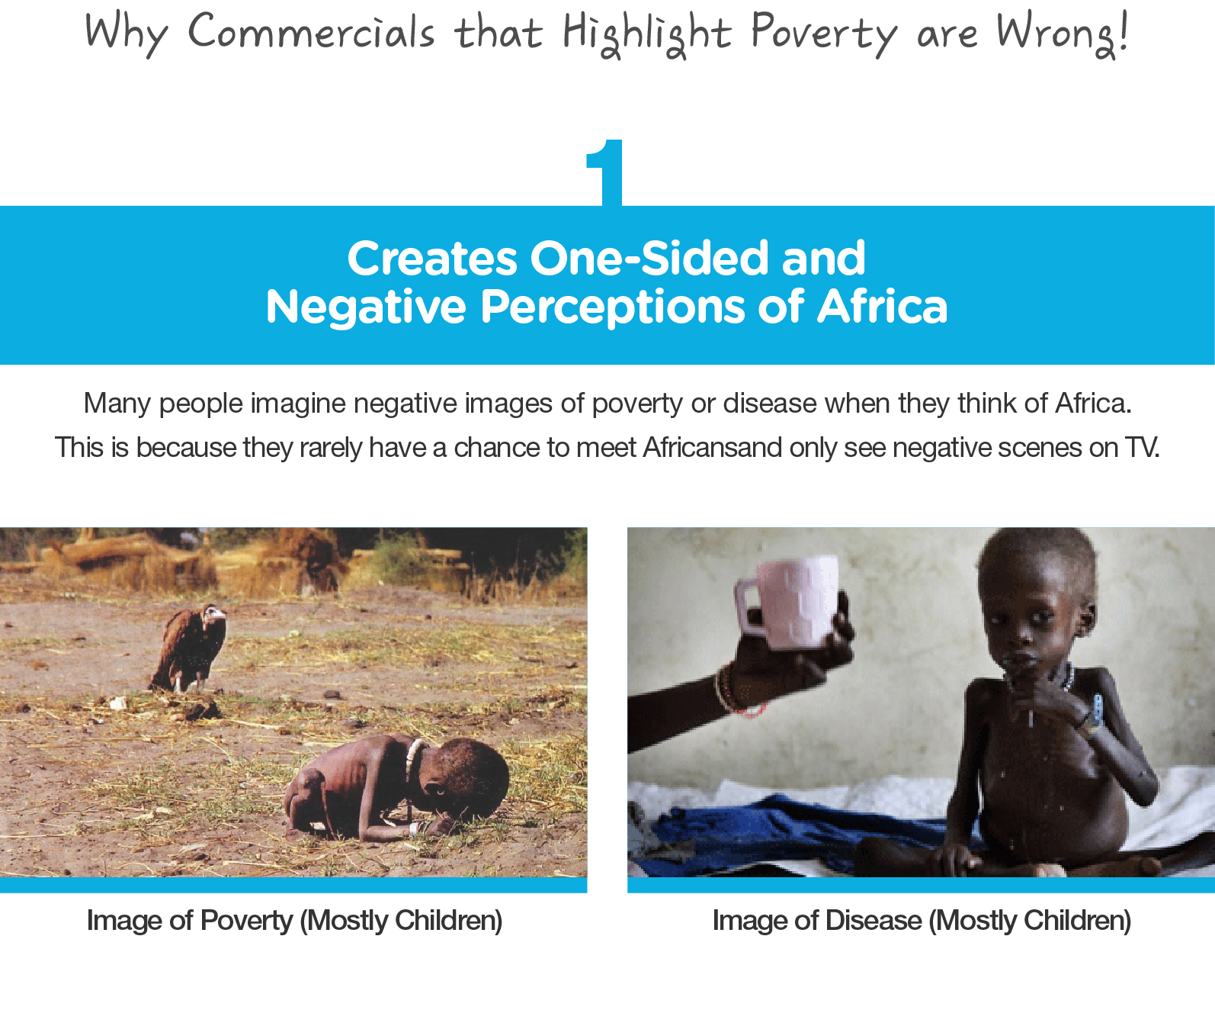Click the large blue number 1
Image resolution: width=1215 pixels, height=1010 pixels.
(x=606, y=172)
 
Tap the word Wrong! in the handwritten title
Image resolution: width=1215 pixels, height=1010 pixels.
(x=1061, y=34)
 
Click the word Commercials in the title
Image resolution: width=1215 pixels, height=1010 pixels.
(x=311, y=34)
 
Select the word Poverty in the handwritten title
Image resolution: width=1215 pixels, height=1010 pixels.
(x=824, y=34)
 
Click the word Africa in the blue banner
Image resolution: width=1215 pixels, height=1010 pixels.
(x=882, y=307)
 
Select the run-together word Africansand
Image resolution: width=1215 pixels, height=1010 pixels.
(x=712, y=447)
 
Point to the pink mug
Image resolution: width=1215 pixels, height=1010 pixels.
(x=789, y=603)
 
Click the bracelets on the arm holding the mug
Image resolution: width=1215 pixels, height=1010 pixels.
(x=730, y=691)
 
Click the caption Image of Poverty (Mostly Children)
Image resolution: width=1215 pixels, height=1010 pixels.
(x=294, y=921)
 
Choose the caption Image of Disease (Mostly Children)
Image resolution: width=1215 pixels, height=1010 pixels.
(x=921, y=921)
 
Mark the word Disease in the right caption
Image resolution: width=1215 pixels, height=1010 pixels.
(x=873, y=921)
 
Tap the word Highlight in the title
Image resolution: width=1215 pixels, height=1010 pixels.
(x=646, y=34)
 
